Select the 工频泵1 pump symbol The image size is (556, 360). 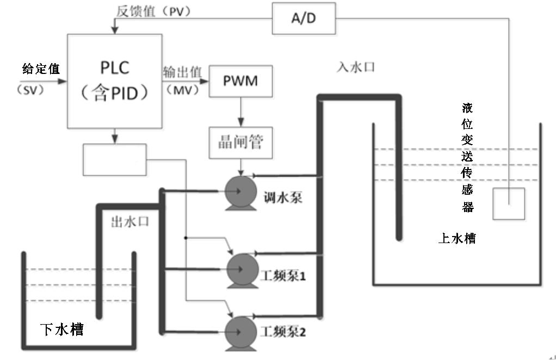tap(240, 266)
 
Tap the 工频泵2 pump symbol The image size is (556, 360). tap(240, 329)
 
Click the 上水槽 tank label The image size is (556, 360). tap(456, 238)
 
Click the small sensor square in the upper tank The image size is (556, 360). tap(508, 203)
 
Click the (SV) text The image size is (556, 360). tap(25, 91)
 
